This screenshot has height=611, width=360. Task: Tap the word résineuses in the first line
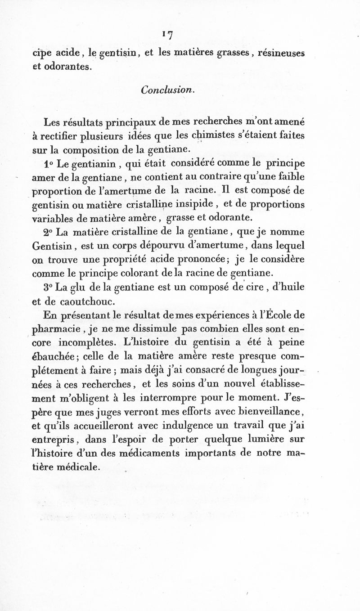point(279,53)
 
